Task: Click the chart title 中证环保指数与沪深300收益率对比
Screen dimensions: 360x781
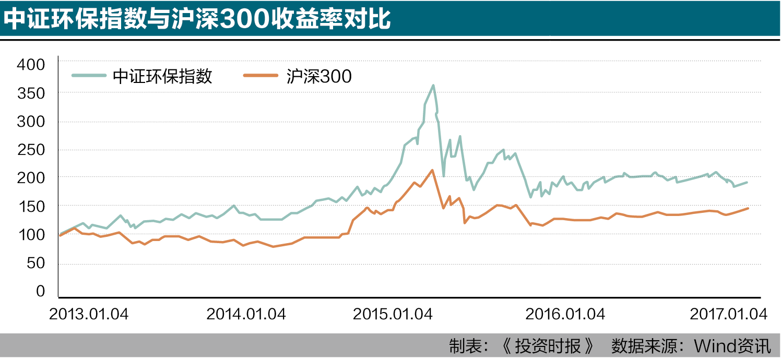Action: click(197, 19)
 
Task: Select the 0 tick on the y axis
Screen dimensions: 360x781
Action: click(40, 292)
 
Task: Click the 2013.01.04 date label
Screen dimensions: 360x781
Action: click(89, 315)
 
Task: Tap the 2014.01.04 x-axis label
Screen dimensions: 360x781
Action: click(246, 315)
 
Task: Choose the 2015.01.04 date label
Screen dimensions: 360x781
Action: click(393, 315)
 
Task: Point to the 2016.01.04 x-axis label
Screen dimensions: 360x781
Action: click(565, 315)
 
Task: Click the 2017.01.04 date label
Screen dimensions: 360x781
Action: click(728, 315)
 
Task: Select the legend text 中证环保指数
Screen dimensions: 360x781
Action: click(162, 77)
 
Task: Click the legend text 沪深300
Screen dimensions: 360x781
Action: click(319, 77)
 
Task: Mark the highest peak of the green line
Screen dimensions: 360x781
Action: click(433, 85)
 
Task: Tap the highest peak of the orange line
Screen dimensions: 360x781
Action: click(432, 170)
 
